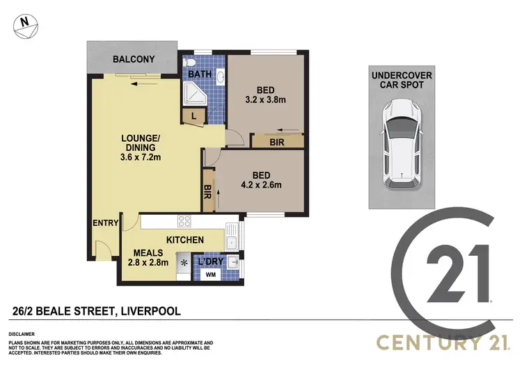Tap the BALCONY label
tap(134, 60)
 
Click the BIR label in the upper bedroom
tap(278, 141)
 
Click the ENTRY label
tap(106, 222)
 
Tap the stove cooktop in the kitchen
tap(185, 222)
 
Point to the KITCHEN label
tap(184, 240)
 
